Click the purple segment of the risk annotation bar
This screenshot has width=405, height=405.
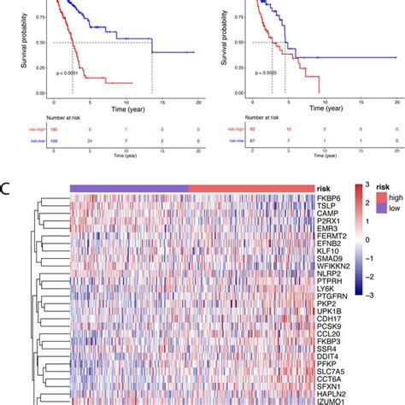(128, 188)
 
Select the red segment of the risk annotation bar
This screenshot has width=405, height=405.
(248, 188)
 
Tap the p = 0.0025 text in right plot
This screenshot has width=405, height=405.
(278, 74)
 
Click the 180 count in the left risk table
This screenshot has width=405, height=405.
(55, 128)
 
